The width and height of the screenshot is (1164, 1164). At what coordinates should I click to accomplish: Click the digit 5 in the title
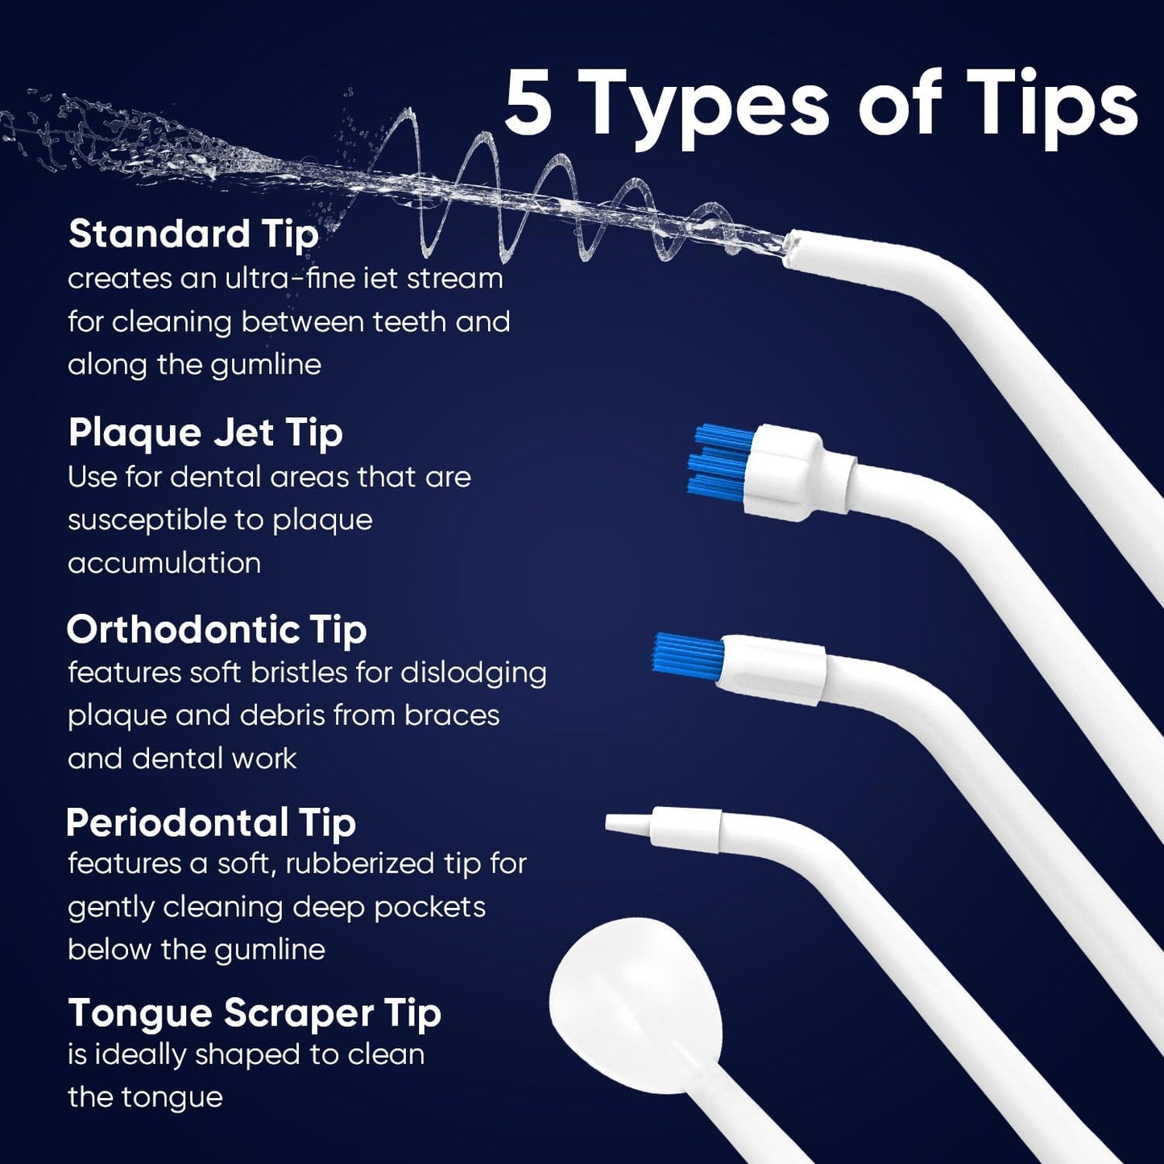coord(529,105)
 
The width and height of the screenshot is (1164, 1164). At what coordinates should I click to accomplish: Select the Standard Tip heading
coord(193,234)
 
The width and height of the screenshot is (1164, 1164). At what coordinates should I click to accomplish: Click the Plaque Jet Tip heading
coord(205,433)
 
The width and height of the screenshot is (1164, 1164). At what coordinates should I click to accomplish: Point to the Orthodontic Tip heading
coord(216,629)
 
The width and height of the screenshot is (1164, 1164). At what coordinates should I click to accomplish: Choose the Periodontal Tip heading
coord(210,822)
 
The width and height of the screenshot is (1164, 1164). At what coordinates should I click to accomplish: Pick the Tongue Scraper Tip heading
coord(254,1013)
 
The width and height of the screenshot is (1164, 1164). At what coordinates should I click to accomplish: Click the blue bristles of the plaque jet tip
coord(719,462)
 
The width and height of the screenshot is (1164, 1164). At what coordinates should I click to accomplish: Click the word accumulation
coord(164,563)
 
